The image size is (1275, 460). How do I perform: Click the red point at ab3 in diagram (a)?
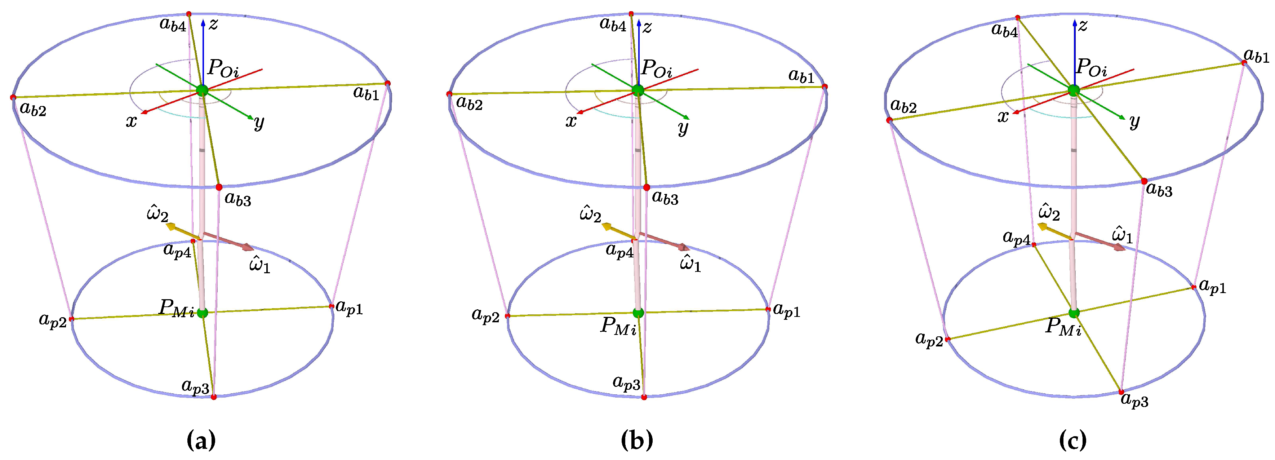219,187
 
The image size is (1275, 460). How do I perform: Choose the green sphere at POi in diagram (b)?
638,90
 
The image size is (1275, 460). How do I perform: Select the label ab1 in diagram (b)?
801,77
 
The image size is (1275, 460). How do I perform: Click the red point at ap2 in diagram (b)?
507,316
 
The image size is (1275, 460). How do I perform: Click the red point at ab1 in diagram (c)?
1244,63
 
